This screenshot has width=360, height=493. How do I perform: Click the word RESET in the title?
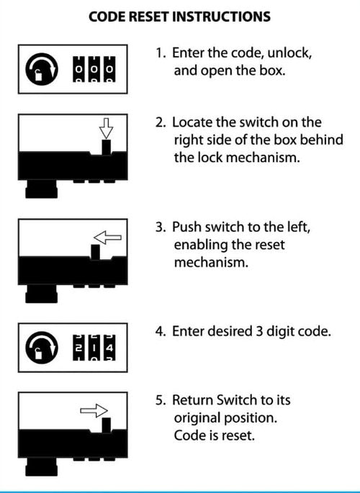click(149, 17)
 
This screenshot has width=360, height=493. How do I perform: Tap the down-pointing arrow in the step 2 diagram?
click(106, 128)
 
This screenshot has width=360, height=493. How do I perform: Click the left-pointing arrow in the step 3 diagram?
click(107, 238)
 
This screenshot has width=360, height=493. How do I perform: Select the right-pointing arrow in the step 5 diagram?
click(94, 410)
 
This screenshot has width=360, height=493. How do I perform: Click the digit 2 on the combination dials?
click(79, 348)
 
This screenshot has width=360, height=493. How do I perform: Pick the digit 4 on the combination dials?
click(109, 348)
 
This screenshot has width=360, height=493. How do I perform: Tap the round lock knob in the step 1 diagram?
click(42, 69)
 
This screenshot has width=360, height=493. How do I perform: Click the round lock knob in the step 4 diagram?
click(42, 348)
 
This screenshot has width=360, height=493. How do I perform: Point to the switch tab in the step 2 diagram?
click(107, 147)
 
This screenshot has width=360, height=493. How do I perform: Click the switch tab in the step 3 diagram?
click(95, 252)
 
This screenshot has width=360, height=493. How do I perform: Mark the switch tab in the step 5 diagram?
click(107, 425)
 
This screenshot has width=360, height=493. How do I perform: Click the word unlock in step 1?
click(289, 53)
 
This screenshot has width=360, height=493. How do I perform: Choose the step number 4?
click(161, 332)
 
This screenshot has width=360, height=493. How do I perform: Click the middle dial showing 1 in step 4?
click(94, 348)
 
